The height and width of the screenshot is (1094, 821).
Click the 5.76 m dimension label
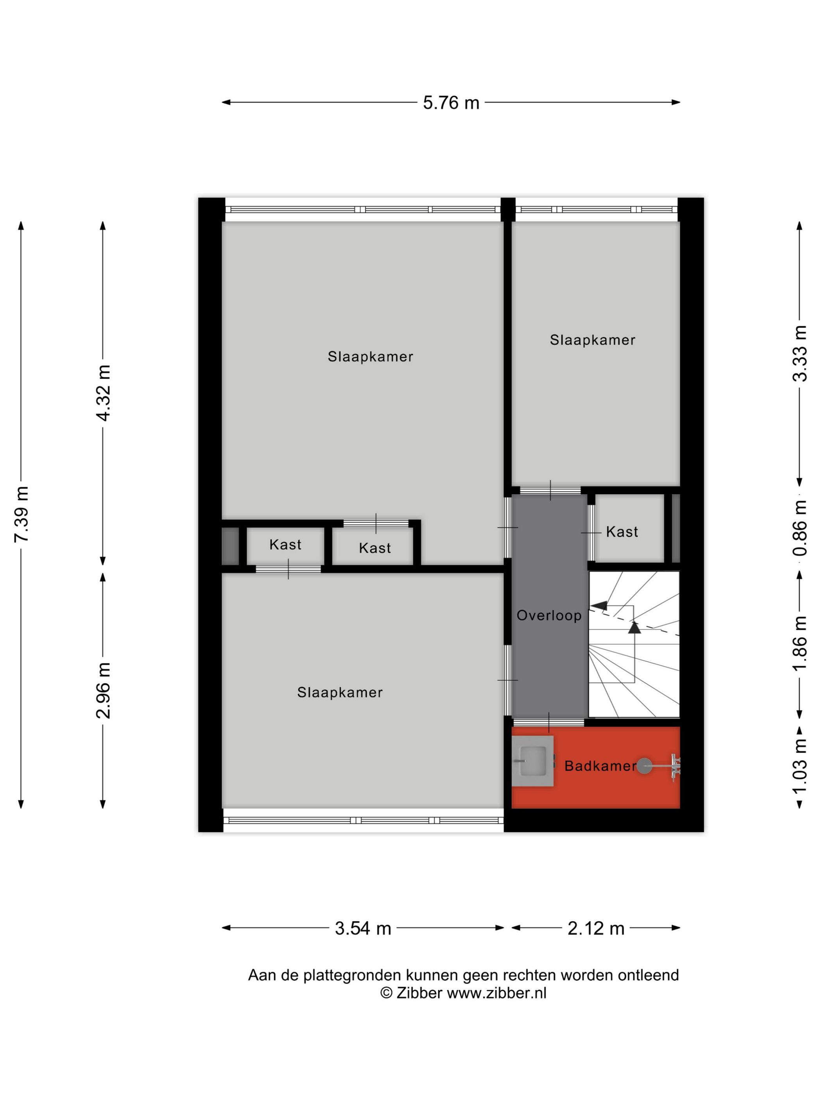(x=451, y=102)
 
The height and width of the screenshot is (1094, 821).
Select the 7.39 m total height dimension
(x=21, y=514)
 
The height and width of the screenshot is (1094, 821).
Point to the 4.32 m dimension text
(x=103, y=393)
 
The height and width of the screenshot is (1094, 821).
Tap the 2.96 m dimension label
(x=103, y=690)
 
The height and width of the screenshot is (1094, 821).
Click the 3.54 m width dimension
(x=363, y=928)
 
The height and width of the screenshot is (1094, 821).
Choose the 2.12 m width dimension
(x=595, y=928)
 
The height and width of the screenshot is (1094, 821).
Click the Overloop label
(x=549, y=616)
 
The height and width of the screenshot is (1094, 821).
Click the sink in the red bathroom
(x=532, y=761)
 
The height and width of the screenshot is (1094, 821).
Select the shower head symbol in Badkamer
(x=644, y=766)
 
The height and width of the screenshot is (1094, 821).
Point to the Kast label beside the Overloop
(x=622, y=532)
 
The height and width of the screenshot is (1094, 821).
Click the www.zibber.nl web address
(x=497, y=993)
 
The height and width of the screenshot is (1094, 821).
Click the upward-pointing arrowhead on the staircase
(x=634, y=627)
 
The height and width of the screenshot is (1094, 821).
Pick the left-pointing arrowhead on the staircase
(x=599, y=605)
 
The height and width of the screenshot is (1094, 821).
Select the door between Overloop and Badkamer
(x=549, y=722)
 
